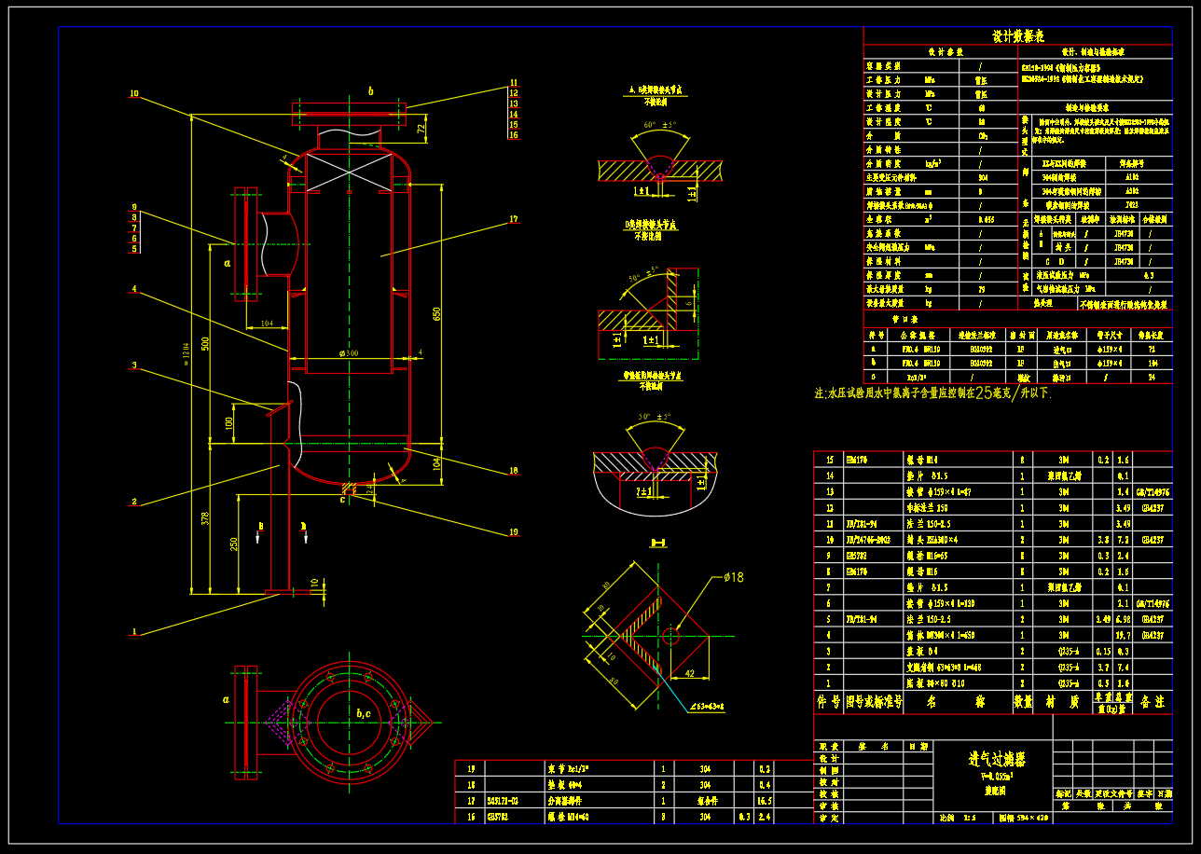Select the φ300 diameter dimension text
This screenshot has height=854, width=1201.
(343, 353)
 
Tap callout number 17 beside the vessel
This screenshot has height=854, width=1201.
(514, 220)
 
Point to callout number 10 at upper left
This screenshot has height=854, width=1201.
(133, 93)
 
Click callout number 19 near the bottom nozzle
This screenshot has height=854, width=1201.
(514, 532)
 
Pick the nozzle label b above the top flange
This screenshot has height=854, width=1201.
(370, 91)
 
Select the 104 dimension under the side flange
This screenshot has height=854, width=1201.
(267, 324)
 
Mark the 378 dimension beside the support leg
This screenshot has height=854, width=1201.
(205, 518)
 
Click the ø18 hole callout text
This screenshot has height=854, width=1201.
(734, 577)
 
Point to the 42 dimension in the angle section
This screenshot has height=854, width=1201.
(691, 671)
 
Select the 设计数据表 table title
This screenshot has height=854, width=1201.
(1017, 36)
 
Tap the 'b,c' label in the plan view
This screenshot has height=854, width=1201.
(364, 714)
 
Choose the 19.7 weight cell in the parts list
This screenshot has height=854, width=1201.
(1124, 635)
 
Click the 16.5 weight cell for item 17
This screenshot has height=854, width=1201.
(764, 800)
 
